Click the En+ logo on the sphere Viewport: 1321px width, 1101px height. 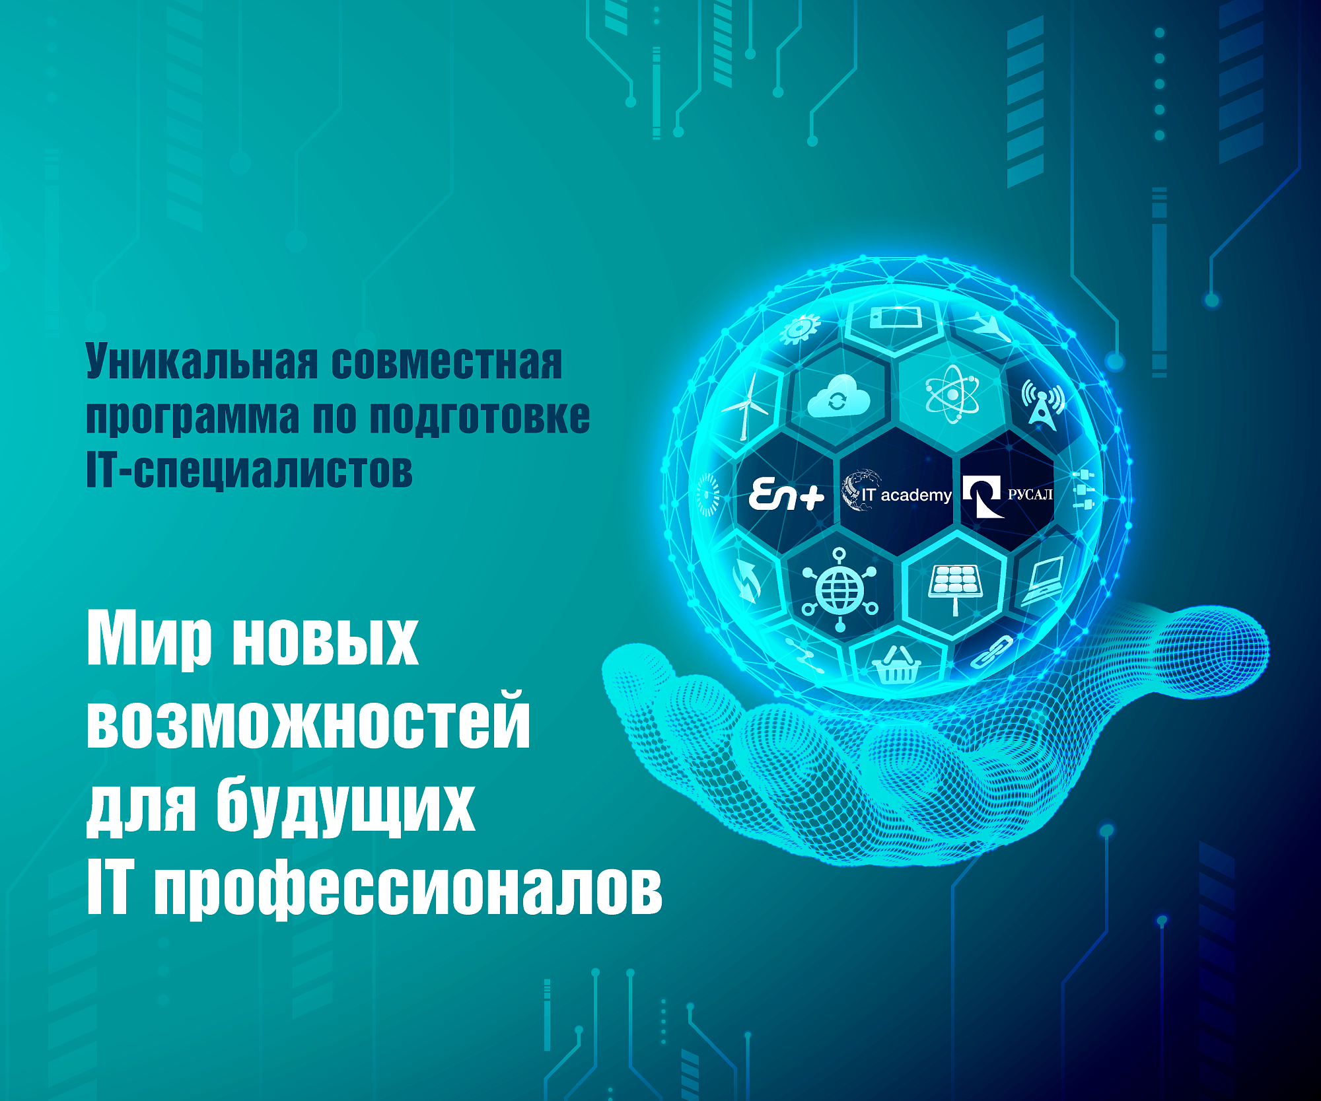pos(786,495)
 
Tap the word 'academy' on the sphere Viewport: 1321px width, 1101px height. pos(916,495)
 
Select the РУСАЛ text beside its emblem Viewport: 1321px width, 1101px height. pos(1030,494)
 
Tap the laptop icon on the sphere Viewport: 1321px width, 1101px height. pos(1043,581)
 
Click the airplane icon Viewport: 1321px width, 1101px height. pos(991,326)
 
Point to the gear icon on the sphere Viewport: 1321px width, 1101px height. pos(800,329)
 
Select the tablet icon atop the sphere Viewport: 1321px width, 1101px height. pos(895,318)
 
